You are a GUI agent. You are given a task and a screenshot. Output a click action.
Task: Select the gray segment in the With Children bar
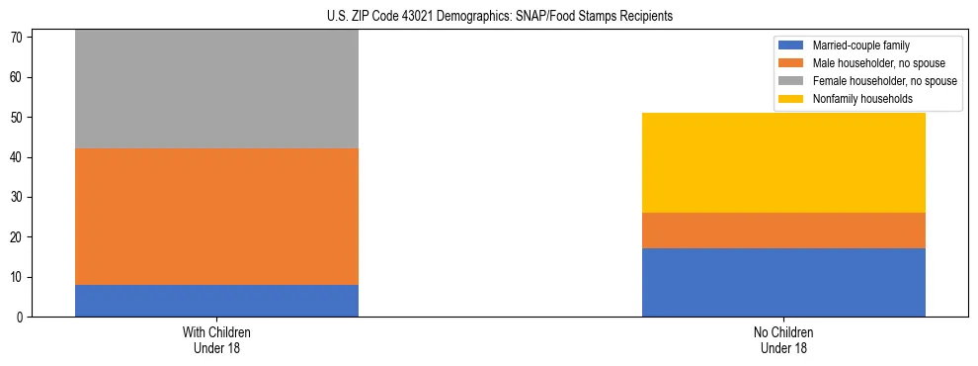point(216,89)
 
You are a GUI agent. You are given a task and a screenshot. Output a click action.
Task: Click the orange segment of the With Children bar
point(216,217)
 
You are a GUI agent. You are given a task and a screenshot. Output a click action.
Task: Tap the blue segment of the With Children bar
point(216,301)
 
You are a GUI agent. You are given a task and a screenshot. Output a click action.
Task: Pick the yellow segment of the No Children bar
point(783,163)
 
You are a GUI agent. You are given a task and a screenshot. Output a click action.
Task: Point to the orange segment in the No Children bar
point(783,230)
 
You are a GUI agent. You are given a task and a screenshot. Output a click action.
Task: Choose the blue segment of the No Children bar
point(783,283)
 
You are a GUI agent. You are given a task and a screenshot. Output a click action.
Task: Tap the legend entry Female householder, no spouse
point(878,81)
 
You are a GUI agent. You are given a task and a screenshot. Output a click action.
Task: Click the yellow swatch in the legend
point(791,99)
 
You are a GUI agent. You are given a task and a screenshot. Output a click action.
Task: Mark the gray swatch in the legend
point(791,81)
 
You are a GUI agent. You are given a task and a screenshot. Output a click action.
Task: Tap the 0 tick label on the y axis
point(23,318)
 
